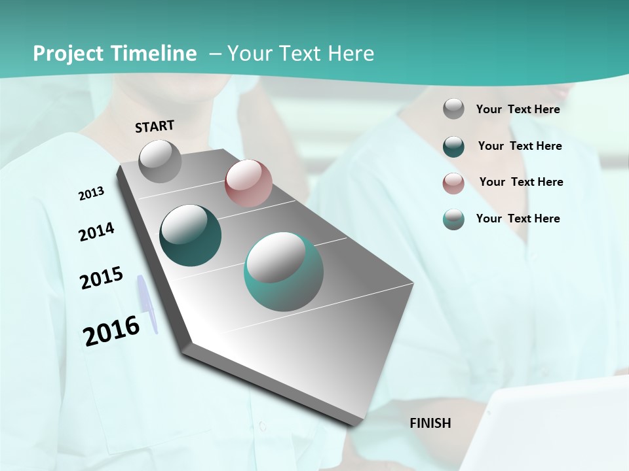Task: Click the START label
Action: click(155, 126)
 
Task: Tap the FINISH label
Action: click(430, 423)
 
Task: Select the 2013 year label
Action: click(91, 194)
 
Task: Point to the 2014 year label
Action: click(96, 232)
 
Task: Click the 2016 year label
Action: click(111, 330)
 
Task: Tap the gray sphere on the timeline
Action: click(161, 161)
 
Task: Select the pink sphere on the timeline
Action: click(248, 183)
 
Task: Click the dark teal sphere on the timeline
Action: click(191, 236)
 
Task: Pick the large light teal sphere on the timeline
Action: click(284, 271)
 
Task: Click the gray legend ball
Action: click(453, 109)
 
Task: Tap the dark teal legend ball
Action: click(453, 146)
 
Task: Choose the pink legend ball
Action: click(453, 183)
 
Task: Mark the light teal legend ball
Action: click(453, 219)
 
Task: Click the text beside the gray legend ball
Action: click(518, 109)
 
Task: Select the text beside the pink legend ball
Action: click(521, 182)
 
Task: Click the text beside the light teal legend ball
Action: click(518, 218)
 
